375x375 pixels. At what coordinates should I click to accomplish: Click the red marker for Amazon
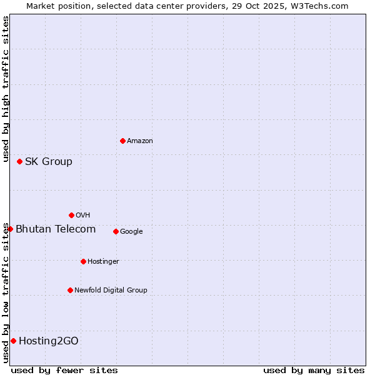coord(122,141)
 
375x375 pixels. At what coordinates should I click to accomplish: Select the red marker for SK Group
coord(19,161)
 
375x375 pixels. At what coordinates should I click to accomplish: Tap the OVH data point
coord(71,215)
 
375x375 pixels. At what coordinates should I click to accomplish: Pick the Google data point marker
coord(116,231)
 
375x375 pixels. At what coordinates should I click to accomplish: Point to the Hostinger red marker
coord(83,261)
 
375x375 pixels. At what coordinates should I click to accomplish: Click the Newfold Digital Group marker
coord(70,290)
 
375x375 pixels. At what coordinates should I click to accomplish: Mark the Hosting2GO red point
coord(13,341)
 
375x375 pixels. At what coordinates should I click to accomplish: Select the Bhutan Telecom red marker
coord(10,229)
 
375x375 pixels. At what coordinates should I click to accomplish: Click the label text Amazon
coord(140,141)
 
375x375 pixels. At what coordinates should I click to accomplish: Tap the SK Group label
coord(49,162)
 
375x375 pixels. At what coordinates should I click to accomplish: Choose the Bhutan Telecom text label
coord(56,229)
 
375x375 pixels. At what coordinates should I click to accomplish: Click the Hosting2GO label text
coord(49,341)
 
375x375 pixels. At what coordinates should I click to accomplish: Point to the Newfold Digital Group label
coord(111,290)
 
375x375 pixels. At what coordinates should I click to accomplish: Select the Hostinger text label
coord(103,261)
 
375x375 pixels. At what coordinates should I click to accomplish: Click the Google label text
coord(131,232)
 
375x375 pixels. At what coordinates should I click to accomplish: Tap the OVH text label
coord(82,216)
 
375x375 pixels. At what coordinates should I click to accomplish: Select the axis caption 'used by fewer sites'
coord(64,370)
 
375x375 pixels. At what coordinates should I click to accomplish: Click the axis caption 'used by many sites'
coord(314,370)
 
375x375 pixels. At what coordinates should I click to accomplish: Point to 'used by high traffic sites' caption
coord(6,89)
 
